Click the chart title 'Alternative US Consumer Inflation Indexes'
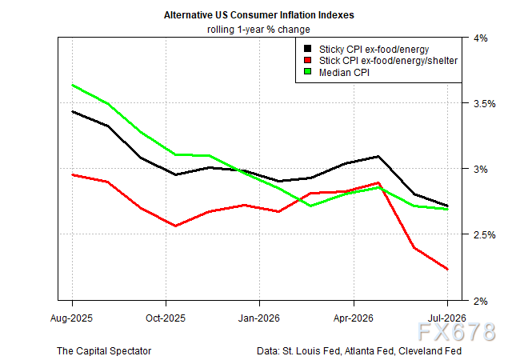[x=258, y=15]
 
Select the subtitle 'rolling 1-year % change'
[x=258, y=30]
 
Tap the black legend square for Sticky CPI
[x=308, y=49]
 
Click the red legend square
[x=308, y=60]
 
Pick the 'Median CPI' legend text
[x=344, y=72]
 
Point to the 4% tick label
[x=481, y=38]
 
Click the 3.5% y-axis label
[x=485, y=104]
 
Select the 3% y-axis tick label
[x=481, y=170]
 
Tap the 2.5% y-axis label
[x=485, y=235]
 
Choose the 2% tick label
[x=481, y=301]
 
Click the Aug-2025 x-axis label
[x=71, y=318]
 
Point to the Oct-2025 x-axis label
[x=166, y=318]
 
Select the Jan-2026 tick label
[x=259, y=318]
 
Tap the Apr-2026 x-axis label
[x=354, y=318]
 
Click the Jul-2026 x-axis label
[x=447, y=318]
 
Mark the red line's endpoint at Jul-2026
[x=448, y=269]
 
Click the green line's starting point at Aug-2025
[x=72, y=85]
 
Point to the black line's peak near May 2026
[x=378, y=156]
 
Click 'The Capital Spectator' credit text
[x=104, y=350]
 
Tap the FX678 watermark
[x=456, y=331]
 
